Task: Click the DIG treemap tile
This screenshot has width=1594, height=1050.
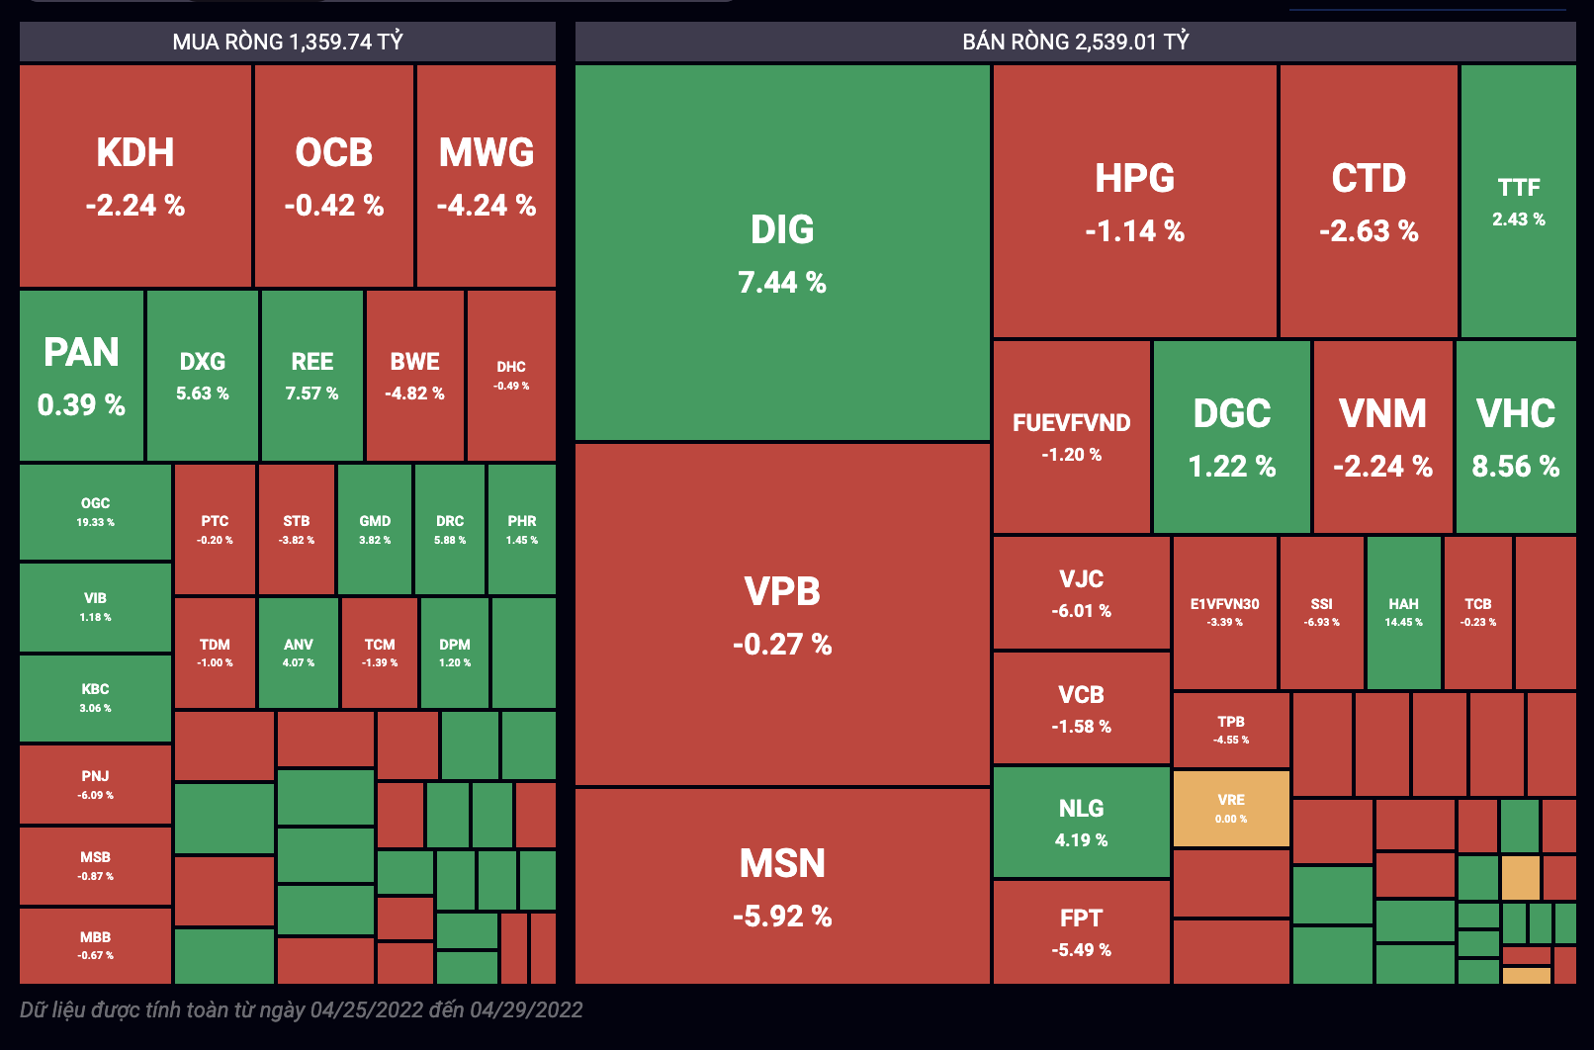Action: point(782,253)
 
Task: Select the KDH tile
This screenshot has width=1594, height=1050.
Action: point(135,176)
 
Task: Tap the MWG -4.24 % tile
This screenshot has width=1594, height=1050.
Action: point(487,176)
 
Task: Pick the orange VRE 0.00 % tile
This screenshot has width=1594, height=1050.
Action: point(1231,809)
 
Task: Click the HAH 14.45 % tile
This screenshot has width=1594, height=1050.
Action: point(1403,612)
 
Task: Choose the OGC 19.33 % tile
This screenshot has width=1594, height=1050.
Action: point(96,511)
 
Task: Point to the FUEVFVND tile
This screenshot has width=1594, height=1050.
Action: point(1072,436)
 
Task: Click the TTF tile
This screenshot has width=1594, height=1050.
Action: point(1518,202)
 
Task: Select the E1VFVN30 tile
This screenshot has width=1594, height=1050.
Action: point(1224,612)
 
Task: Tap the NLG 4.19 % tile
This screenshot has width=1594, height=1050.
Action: point(1081,823)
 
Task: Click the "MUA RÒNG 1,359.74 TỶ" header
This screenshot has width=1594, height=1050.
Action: point(288,42)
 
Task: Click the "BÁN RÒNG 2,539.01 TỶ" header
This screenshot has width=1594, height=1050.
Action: point(1075,42)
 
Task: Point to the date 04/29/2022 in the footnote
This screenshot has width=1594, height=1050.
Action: point(526,1009)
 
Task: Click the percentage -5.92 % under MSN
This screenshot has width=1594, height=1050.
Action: point(782,917)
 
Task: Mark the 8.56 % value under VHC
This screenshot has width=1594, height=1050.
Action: point(1515,467)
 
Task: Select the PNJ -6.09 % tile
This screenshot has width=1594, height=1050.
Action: point(96,784)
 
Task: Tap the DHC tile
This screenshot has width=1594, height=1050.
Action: point(511,375)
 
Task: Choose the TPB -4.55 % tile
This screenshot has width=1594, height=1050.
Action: point(1231,730)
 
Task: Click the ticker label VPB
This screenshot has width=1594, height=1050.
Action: point(782,591)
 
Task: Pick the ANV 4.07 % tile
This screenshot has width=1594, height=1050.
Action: point(299,653)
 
